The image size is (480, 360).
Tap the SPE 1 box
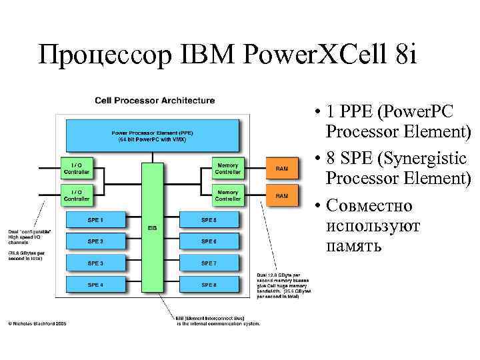click(96, 219)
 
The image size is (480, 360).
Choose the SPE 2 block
click(96, 241)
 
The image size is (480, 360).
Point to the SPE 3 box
click(96, 263)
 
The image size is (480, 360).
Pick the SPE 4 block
click(96, 285)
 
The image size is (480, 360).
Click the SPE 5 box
click(209, 219)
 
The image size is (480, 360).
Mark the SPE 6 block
click(209, 241)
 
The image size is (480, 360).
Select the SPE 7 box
click(209, 263)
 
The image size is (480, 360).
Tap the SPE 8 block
click(209, 285)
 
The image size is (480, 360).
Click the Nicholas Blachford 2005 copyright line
click(37, 325)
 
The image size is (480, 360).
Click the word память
click(355, 246)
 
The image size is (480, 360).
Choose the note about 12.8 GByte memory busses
click(283, 285)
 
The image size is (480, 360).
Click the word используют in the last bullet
click(373, 226)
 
